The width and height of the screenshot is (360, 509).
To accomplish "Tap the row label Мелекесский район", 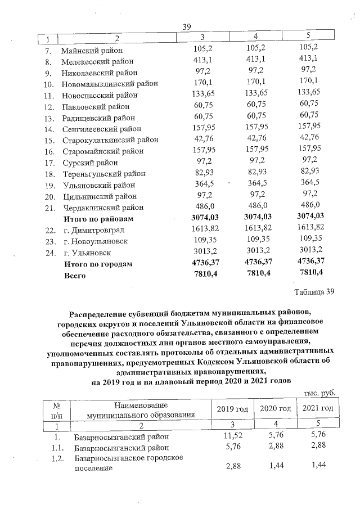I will pos(97,61).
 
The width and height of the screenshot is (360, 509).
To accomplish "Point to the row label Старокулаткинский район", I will pos(110,140).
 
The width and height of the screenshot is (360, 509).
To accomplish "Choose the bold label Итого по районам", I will pos(100,219).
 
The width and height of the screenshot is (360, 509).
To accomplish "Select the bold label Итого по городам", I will pos(98,264).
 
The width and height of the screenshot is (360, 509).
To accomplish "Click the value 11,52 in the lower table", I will pos(231,436).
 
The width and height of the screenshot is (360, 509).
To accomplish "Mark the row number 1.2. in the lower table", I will pos(56,458).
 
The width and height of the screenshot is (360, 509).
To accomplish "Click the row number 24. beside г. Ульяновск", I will pos(49,253).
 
